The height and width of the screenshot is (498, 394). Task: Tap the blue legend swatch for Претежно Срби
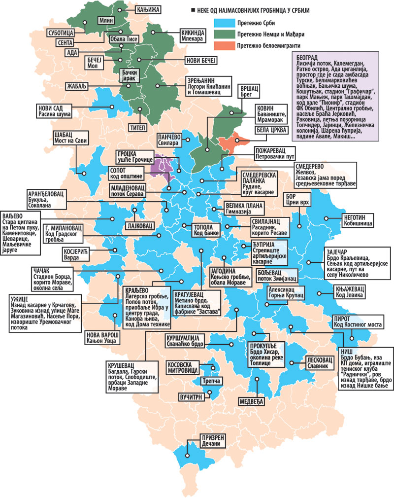pyautogui.click(x=225, y=23)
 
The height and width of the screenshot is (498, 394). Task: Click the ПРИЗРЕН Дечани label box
pyautogui.click(x=212, y=440)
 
